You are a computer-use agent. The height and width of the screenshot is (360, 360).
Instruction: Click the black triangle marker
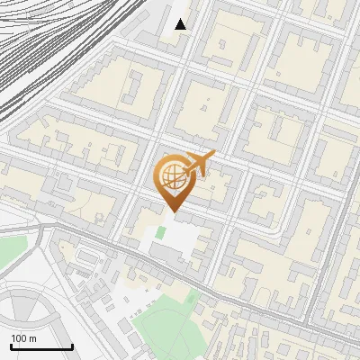tap(181, 24)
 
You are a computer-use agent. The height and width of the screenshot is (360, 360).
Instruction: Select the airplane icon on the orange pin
tap(199, 163)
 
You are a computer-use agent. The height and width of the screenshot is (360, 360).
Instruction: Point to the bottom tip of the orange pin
tap(173, 211)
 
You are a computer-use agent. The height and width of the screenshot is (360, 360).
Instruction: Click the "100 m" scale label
tap(24, 338)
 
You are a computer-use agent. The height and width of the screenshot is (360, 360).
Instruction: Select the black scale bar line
tap(41, 347)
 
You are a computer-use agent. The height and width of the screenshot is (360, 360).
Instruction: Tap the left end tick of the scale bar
tap(11, 346)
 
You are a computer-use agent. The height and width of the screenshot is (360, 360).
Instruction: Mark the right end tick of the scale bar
tap(72, 346)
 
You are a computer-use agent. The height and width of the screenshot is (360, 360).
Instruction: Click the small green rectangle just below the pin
tap(160, 232)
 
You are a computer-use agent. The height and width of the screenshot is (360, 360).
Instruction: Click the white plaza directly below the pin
tap(175, 241)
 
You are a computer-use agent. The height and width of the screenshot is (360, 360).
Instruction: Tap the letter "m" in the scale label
tap(33, 338)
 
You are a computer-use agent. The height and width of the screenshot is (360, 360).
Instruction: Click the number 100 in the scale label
tap(20, 338)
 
